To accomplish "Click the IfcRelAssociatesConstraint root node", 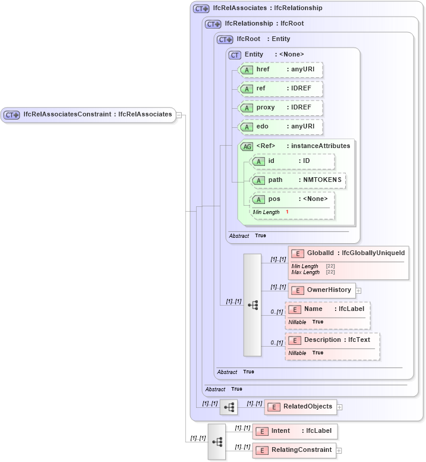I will pos(89,115).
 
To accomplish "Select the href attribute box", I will pos(280,70).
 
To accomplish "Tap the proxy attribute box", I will pos(280,108).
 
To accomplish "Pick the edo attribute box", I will pos(280,127).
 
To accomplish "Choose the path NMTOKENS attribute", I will pos(298,180).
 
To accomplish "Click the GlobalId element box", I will pos(348,254).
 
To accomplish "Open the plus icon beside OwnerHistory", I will pos(359,291).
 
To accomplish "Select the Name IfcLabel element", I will pos(327,309).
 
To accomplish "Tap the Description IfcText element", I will pos(332,340).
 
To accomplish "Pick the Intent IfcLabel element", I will pos(295,431).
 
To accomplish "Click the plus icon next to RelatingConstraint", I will pos(339,451).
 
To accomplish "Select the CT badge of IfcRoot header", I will pos(225,39).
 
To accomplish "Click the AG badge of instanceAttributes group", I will pos(247,146).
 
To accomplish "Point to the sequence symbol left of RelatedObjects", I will pos(229,407).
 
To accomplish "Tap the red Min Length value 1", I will pos(287,212).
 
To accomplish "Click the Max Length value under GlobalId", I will pos(330,272).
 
